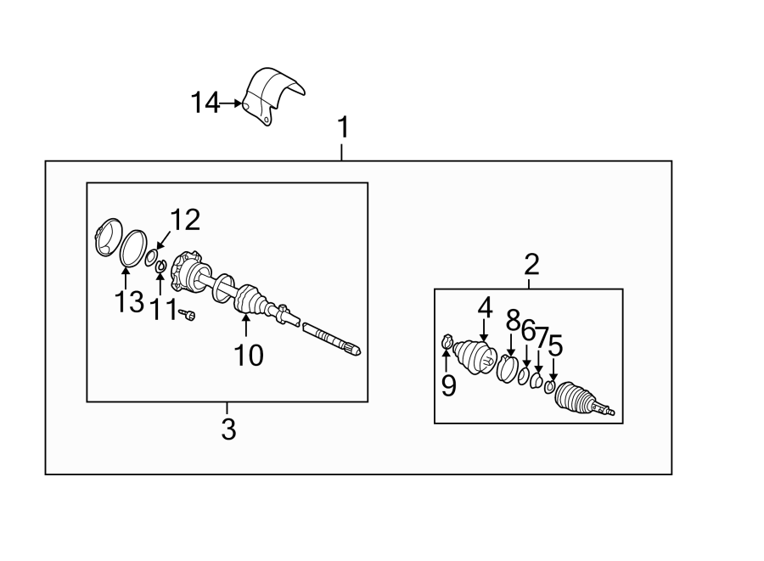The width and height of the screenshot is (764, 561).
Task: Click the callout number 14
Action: [x=205, y=104]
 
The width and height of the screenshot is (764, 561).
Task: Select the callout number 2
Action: [x=531, y=265]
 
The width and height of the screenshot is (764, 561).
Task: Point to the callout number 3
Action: [x=228, y=429]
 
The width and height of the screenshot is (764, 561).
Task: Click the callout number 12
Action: [x=186, y=221]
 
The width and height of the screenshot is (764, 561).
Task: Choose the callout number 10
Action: [x=249, y=354]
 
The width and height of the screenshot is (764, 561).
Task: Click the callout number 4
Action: [x=485, y=307]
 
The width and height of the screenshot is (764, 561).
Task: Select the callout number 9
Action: [x=448, y=386]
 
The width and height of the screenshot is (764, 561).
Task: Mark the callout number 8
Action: [x=512, y=320]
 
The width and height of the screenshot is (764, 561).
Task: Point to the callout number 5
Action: [x=555, y=345]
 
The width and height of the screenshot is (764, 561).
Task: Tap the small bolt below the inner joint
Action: [x=189, y=316]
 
